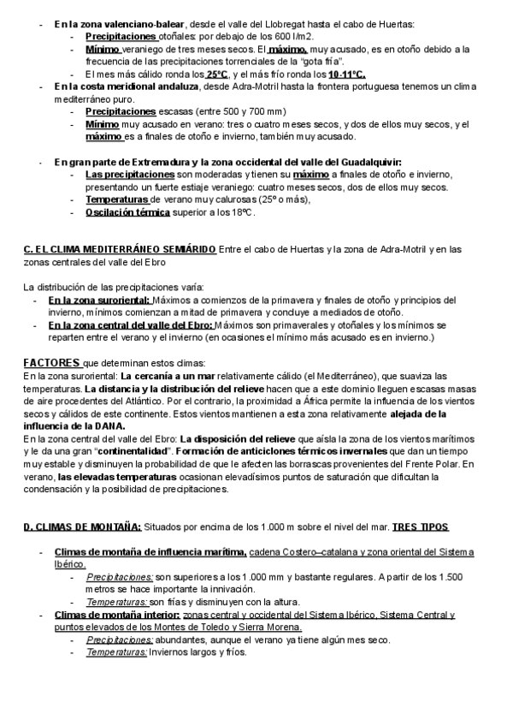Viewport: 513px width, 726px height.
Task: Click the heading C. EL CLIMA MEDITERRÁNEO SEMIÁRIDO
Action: point(120,249)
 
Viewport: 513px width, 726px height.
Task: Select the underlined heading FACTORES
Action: point(52,362)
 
